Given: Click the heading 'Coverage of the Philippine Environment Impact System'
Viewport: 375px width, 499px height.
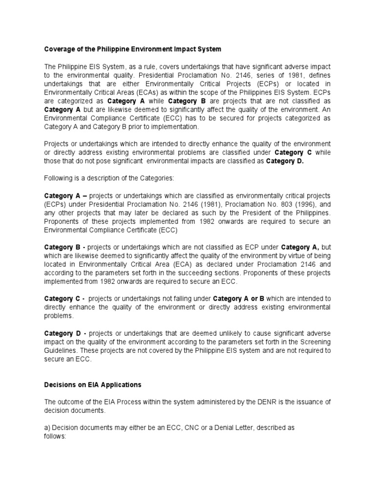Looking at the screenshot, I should [132, 49].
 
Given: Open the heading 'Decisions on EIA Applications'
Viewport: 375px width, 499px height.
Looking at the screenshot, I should [93, 385].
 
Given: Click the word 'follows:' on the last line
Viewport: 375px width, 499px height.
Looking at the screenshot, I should [55, 437].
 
